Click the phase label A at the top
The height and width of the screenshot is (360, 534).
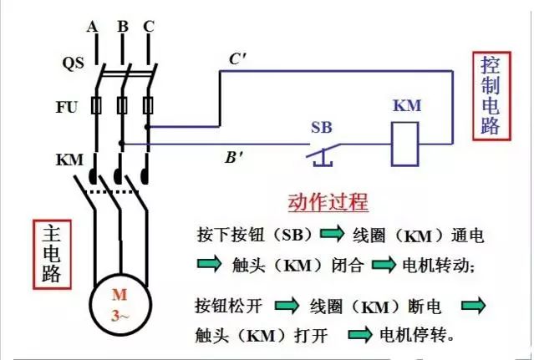pos(93,26)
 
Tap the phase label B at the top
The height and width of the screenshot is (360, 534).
pos(122,26)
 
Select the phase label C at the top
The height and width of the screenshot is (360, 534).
pos(149,26)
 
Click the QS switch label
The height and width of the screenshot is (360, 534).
pos(73,63)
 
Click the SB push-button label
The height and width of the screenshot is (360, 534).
pos(322,127)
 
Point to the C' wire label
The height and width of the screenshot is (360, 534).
pos(238,58)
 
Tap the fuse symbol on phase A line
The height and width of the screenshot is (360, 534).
pos(94,106)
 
